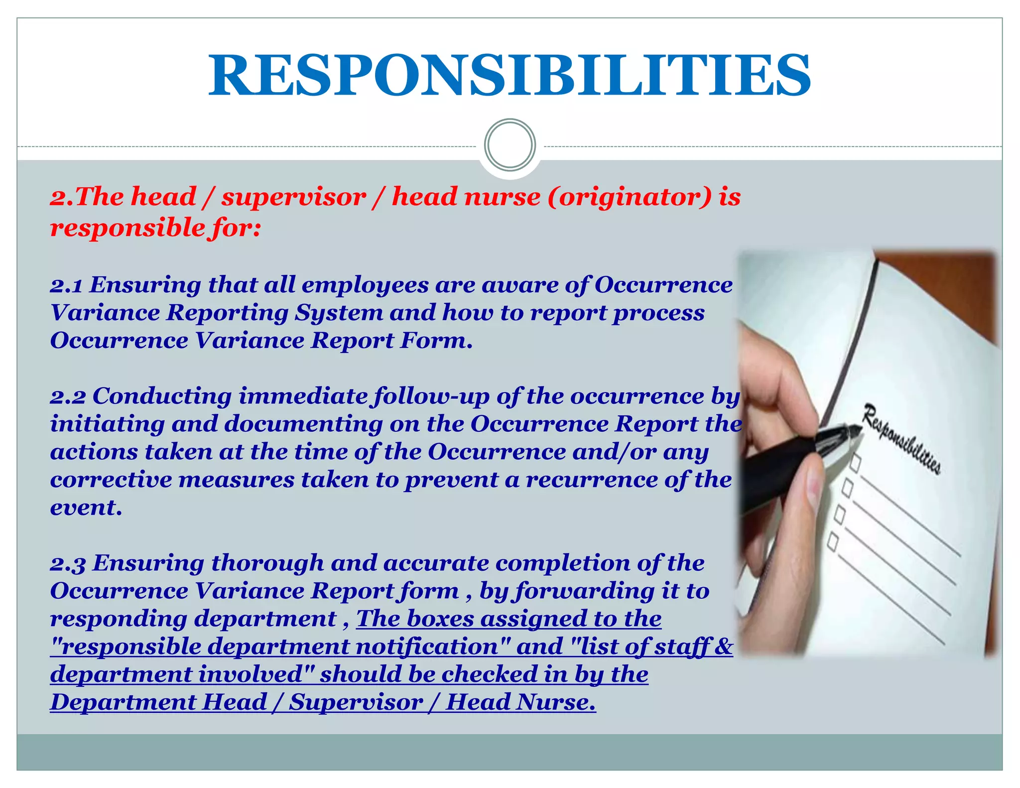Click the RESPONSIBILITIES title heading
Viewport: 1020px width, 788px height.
pyautogui.click(x=510, y=75)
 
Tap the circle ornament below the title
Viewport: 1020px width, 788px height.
pyautogui.click(x=510, y=145)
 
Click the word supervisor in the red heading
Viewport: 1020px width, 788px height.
pyautogui.click(x=294, y=197)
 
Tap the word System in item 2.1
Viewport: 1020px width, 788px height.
pyautogui.click(x=339, y=313)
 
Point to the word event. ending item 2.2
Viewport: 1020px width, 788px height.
pyautogui.click(x=86, y=508)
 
